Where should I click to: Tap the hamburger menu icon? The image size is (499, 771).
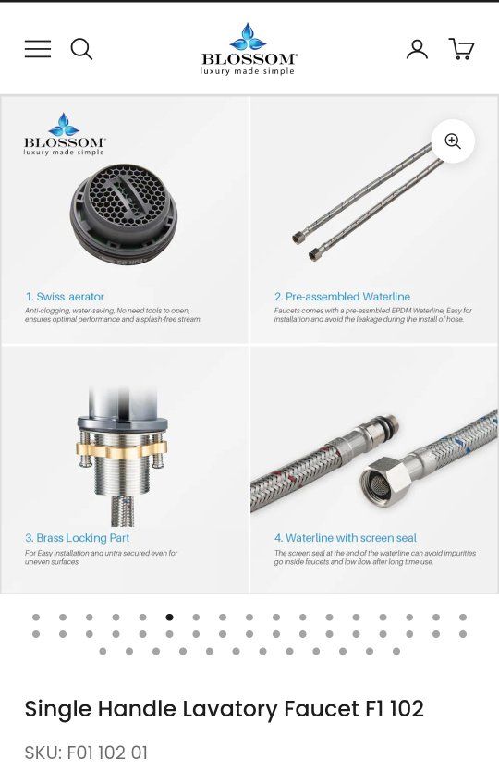pos(38,49)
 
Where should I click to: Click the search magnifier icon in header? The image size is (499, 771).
pos(81,49)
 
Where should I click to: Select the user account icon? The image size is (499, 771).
pos(417,49)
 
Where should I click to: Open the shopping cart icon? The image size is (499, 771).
pos(461,49)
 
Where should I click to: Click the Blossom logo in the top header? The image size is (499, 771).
pos(249,49)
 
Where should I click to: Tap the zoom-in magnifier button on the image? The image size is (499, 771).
pos(453,141)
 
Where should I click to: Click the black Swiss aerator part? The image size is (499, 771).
pos(124,213)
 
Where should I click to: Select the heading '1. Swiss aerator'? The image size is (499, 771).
pos(65,297)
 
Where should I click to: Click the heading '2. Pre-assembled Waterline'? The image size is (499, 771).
pos(342,297)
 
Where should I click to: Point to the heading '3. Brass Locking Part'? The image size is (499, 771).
pos(78,538)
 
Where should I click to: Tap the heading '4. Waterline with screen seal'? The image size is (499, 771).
pos(345,538)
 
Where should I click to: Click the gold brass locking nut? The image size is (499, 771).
pos(121,448)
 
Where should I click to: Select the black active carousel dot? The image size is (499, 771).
pos(170,618)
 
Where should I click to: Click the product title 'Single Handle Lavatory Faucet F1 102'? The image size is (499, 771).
pos(225,708)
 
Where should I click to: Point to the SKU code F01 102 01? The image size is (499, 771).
pos(106,753)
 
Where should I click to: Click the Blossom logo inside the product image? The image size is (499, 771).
pos(64,134)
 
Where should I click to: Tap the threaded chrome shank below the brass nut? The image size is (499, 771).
pos(122,475)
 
